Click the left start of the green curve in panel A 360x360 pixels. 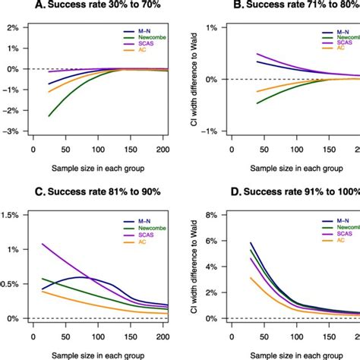(x=50, y=116)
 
